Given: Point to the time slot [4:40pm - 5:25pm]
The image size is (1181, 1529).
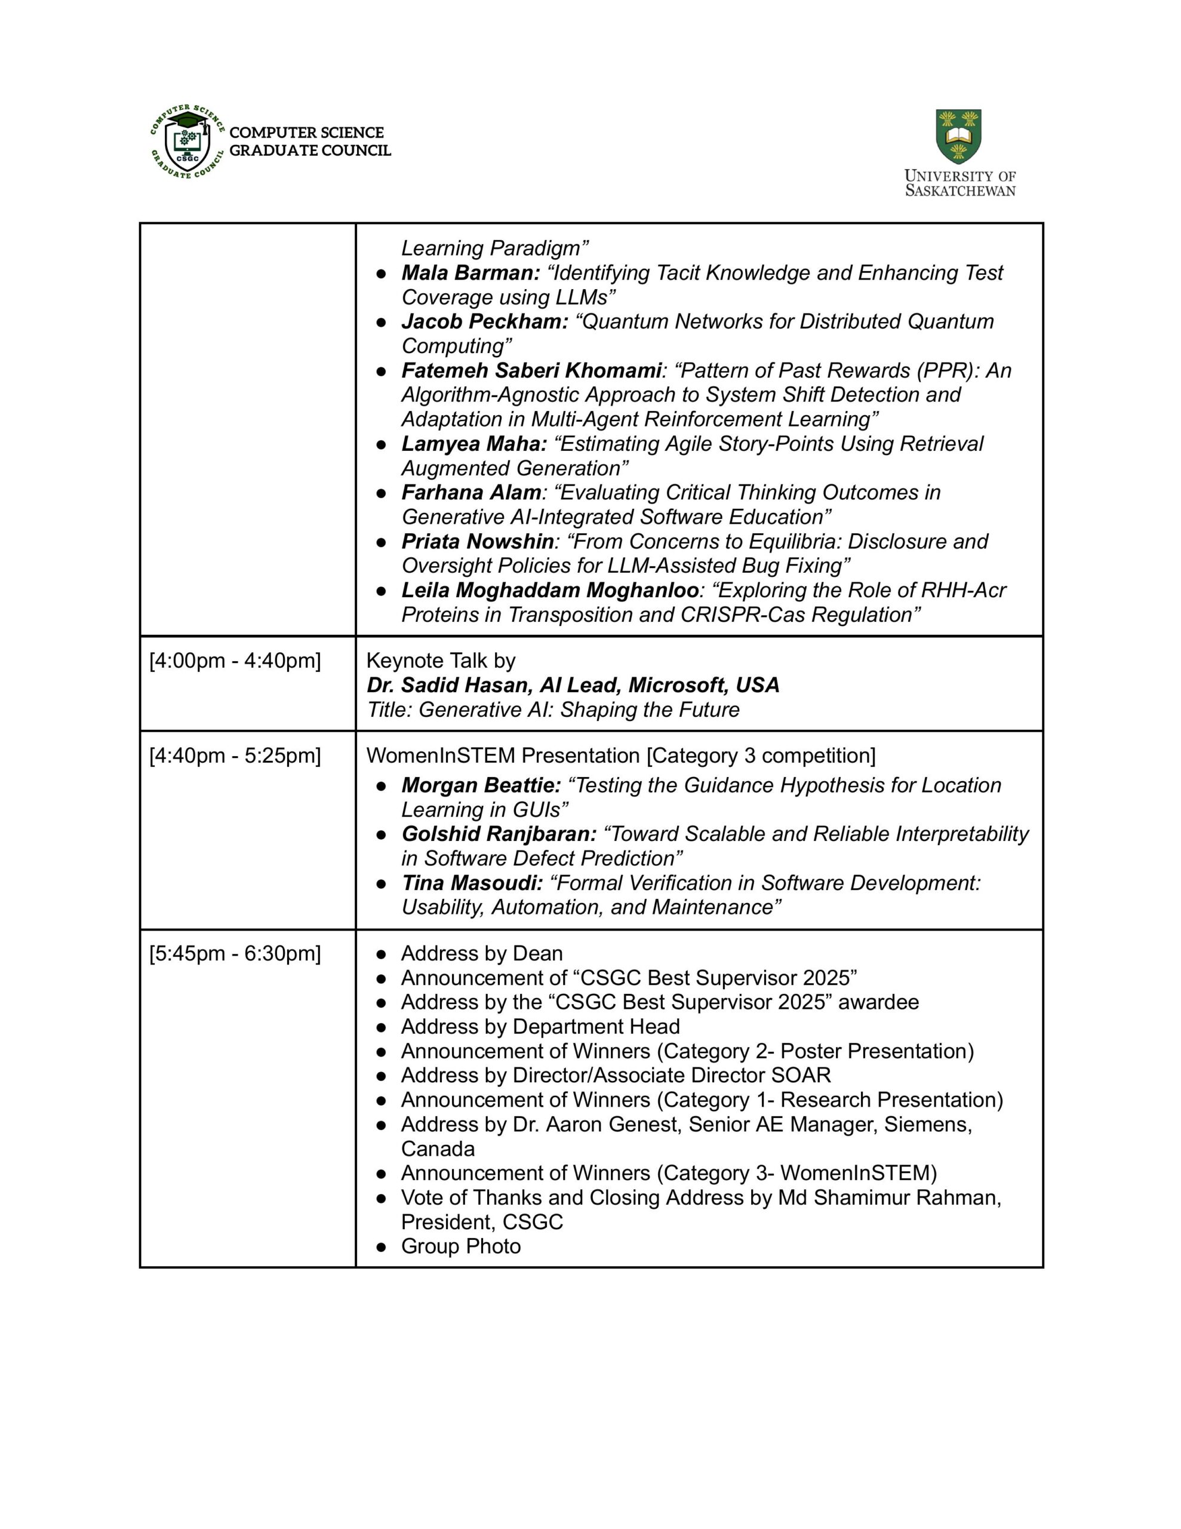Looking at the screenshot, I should click(235, 756).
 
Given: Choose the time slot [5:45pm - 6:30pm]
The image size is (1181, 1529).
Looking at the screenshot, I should click(235, 953).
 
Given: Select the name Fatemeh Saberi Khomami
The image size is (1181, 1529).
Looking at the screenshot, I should click(531, 370).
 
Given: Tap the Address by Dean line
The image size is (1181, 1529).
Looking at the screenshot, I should click(482, 953).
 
